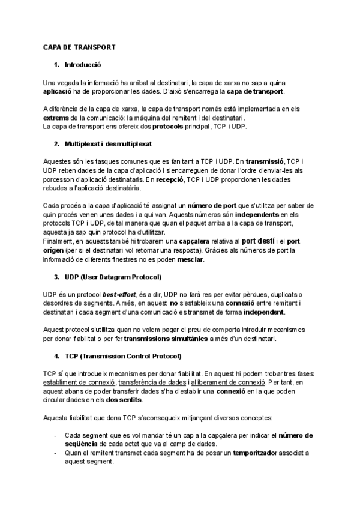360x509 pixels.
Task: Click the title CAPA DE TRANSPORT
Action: [x=80, y=46]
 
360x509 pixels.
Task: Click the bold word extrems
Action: [x=58, y=118]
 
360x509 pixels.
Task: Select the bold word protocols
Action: [x=172, y=127]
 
